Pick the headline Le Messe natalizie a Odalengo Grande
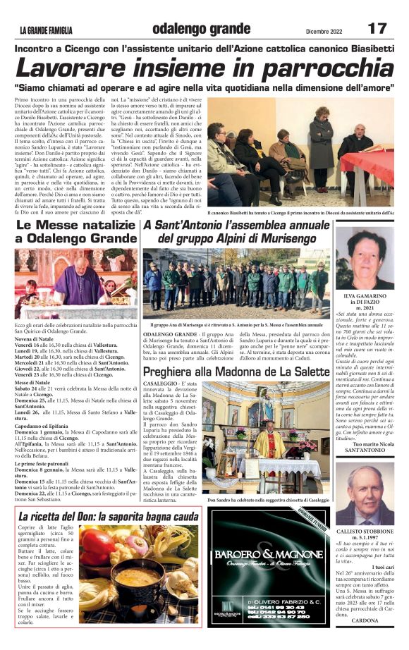coord(75,232)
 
